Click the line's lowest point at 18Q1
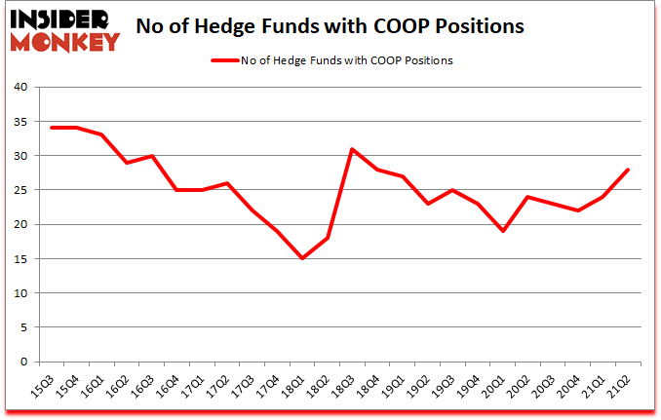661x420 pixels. tap(302, 258)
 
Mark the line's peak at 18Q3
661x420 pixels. tap(353, 148)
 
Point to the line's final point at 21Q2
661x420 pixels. tap(629, 169)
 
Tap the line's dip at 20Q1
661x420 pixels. tap(503, 231)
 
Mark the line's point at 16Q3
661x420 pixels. tap(150, 155)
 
